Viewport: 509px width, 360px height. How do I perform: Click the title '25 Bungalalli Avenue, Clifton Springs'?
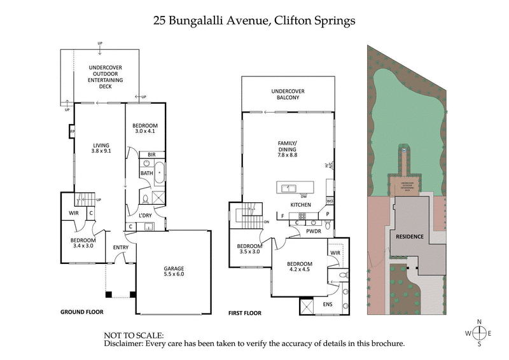tap(254, 20)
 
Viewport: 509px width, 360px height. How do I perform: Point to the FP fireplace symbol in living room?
tap(72, 132)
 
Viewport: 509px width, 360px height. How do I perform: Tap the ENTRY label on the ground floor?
tap(120, 247)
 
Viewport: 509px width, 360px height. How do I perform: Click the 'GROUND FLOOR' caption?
tap(81, 312)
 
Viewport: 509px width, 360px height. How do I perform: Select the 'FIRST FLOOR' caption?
tap(246, 314)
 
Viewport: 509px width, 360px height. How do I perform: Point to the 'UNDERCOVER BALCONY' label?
tap(284, 95)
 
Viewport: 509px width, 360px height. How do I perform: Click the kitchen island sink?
tap(289, 188)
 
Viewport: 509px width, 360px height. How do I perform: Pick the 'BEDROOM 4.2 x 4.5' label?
tap(299, 267)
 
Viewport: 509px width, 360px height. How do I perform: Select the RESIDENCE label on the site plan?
tap(410, 237)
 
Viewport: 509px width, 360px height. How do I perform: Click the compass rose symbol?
tap(480, 333)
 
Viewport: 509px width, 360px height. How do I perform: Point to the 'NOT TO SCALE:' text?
tap(134, 335)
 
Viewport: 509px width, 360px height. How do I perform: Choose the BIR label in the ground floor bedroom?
tap(151, 155)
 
